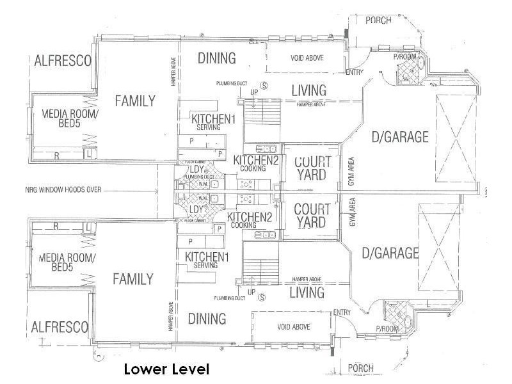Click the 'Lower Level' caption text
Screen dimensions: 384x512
pyautogui.click(x=166, y=369)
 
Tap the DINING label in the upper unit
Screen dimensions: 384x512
pyautogui.click(x=216, y=58)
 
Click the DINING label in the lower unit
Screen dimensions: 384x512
pyautogui.click(x=207, y=319)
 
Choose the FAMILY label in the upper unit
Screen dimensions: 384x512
pyautogui.click(x=134, y=100)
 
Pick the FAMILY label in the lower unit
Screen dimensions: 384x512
pyautogui.click(x=132, y=279)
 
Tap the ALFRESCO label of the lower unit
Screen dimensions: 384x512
pyautogui.click(x=60, y=327)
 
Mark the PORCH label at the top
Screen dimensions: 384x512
pyautogui.click(x=378, y=20)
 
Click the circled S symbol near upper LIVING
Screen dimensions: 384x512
pyautogui.click(x=263, y=85)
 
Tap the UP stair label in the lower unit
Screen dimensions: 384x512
pyautogui.click(x=251, y=292)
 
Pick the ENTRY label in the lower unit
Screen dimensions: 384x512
pyautogui.click(x=342, y=312)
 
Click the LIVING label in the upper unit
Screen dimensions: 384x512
pyautogui.click(x=308, y=90)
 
